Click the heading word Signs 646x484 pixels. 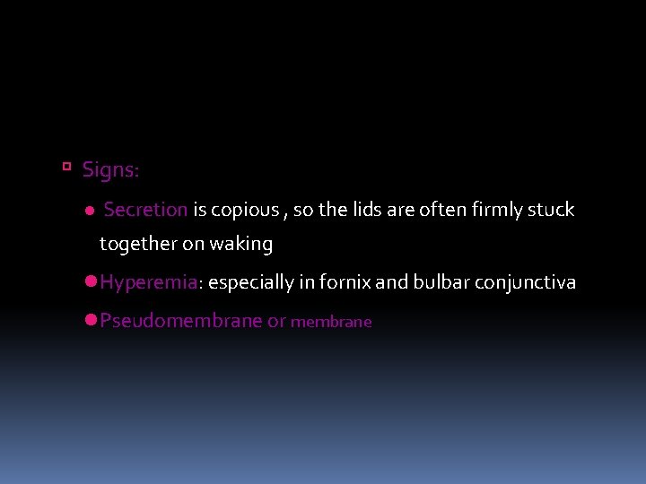109,169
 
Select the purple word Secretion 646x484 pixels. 145,210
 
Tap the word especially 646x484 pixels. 251,283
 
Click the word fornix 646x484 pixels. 344,282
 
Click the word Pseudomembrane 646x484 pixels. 181,321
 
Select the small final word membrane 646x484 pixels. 331,322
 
